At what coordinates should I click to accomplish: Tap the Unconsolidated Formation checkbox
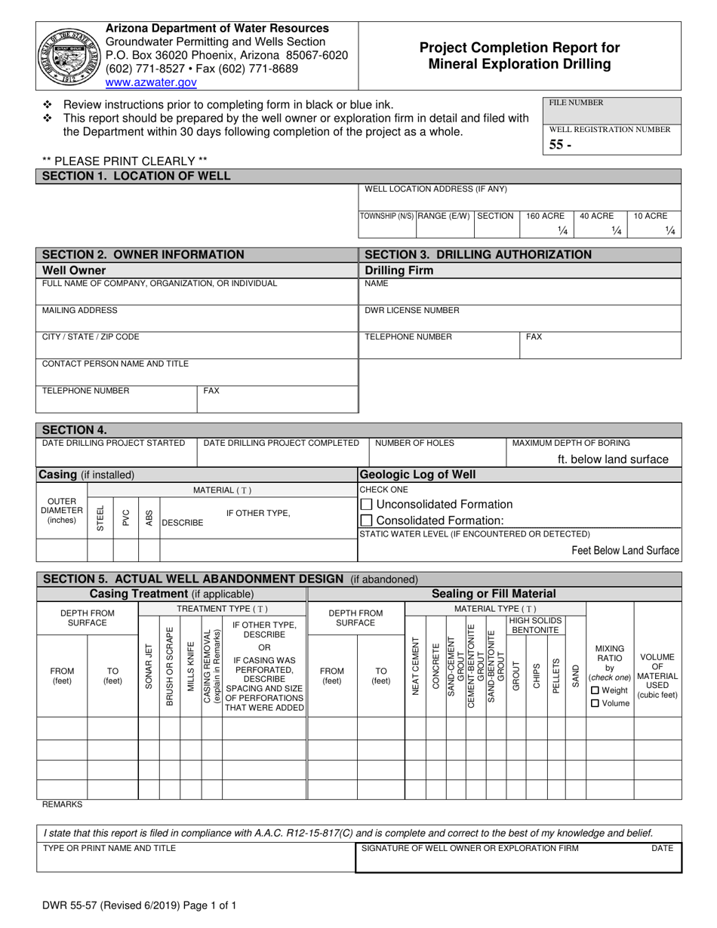pos(367,504)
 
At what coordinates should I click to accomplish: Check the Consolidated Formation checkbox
pos(367,520)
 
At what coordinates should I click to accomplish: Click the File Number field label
pos(576,103)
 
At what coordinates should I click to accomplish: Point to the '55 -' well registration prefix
pos(560,145)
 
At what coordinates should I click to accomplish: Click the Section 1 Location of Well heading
pos(136,176)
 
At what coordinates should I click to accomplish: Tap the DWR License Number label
pos(412,310)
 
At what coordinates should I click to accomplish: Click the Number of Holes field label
pos(414,443)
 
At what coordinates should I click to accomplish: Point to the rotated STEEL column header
pos(100,518)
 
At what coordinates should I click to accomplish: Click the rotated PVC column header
pos(125,518)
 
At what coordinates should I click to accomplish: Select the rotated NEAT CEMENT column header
pos(416,675)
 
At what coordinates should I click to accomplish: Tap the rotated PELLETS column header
pos(556,675)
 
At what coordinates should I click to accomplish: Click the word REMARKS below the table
pos(62,805)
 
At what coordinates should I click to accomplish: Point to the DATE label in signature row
pos(663,848)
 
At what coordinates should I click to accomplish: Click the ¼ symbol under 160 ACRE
pos(562,231)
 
